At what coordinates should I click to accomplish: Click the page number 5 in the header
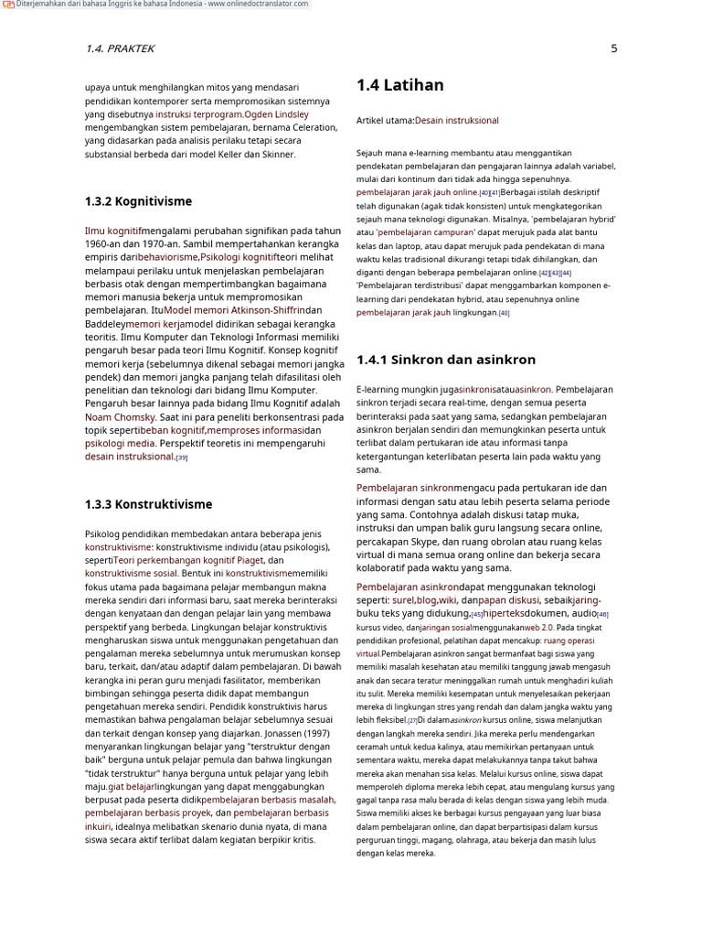(x=614, y=48)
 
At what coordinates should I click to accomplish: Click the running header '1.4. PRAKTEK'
(x=120, y=48)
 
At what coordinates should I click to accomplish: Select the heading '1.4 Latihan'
(x=399, y=85)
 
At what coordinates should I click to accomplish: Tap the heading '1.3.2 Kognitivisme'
(x=138, y=201)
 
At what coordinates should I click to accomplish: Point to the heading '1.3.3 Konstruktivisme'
(x=148, y=504)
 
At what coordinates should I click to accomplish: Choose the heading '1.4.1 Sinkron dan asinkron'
(x=446, y=360)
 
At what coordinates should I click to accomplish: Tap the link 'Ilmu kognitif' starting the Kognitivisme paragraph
(x=112, y=232)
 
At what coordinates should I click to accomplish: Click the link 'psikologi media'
(x=120, y=443)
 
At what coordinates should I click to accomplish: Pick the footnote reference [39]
(x=181, y=458)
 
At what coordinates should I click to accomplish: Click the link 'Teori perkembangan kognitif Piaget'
(x=188, y=560)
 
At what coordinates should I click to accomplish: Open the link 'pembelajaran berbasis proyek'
(x=148, y=813)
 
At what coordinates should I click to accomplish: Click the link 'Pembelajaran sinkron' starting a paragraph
(x=404, y=488)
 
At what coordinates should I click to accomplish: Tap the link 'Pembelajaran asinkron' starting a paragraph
(x=408, y=587)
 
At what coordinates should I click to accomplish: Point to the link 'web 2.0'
(x=539, y=628)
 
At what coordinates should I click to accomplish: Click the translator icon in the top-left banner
(x=8, y=5)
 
